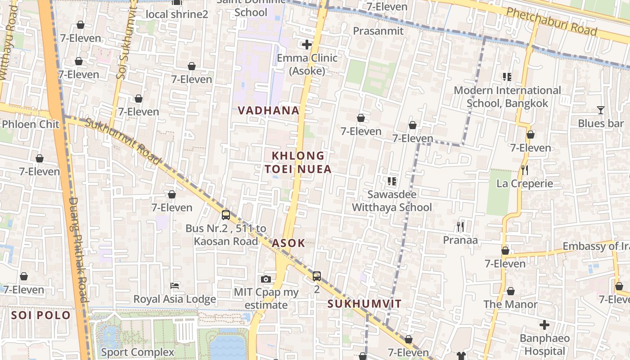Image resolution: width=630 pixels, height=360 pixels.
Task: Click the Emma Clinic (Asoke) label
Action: pyautogui.click(x=307, y=64)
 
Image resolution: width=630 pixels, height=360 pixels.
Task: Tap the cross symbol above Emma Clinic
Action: pyautogui.click(x=307, y=45)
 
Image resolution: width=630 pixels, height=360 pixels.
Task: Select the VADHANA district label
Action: pyautogui.click(x=269, y=110)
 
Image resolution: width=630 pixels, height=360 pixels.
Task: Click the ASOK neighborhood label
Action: pyautogui.click(x=288, y=243)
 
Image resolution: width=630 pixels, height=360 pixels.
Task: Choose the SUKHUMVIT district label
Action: pyautogui.click(x=364, y=304)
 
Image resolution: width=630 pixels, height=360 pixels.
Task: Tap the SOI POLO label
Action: pyautogui.click(x=41, y=315)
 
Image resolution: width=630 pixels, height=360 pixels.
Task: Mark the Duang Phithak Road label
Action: pyautogui.click(x=77, y=250)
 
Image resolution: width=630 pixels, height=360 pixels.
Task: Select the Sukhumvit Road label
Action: pyautogui.click(x=122, y=141)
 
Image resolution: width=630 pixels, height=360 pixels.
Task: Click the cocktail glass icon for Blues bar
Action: pyautogui.click(x=600, y=110)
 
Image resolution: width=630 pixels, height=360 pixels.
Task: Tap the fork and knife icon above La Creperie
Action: pyautogui.click(x=524, y=170)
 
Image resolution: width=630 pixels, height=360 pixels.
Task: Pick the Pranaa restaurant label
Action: pyautogui.click(x=460, y=240)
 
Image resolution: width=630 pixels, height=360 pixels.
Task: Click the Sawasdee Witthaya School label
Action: pyautogui.click(x=391, y=201)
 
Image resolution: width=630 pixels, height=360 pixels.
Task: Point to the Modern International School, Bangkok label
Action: pyautogui.click(x=507, y=97)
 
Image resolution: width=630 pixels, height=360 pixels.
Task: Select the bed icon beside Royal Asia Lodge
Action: pyautogui.click(x=175, y=286)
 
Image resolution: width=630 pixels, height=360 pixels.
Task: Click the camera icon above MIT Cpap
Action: pyautogui.click(x=266, y=279)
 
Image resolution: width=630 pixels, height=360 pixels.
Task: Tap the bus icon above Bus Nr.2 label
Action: pyautogui.click(x=226, y=215)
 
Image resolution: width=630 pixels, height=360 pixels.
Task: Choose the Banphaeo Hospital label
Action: pyautogui.click(x=544, y=344)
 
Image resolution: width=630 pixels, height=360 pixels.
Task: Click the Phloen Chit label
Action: pyautogui.click(x=31, y=124)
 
